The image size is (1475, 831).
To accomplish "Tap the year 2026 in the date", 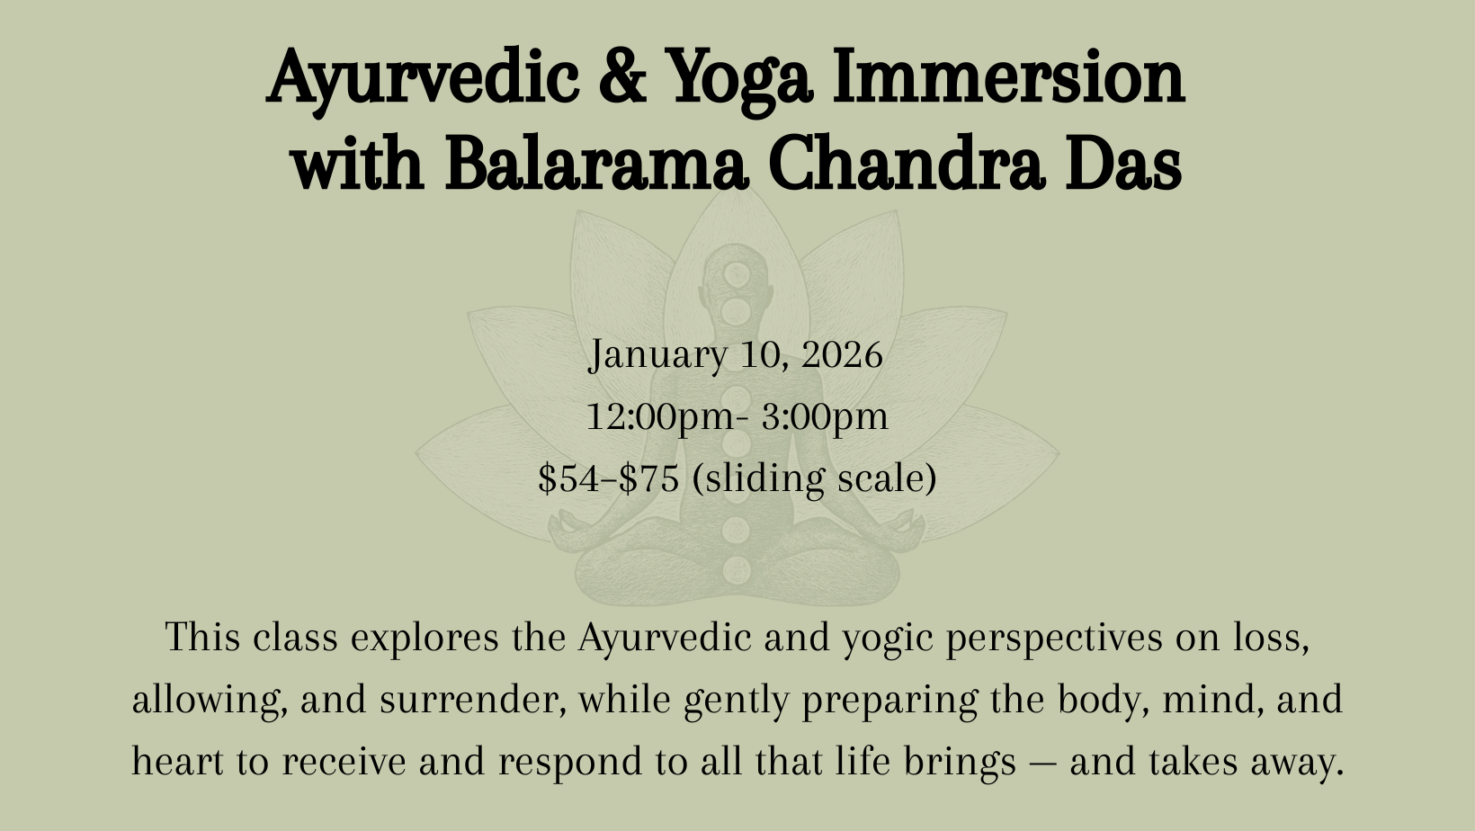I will point(842,355).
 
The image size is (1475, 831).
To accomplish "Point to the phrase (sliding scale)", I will point(815,478).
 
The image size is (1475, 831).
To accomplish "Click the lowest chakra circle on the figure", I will point(737,569).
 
